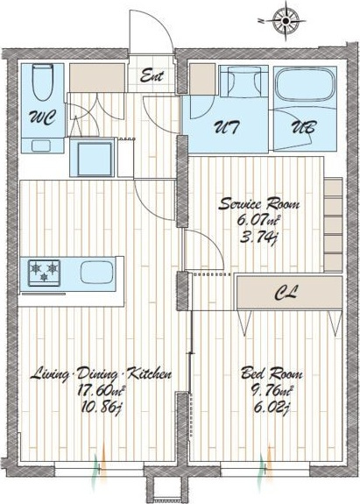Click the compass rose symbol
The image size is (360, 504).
tap(286, 21)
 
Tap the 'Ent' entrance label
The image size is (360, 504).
tap(152, 76)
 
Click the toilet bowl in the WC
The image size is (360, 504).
tap(43, 82)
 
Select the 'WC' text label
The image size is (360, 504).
tap(43, 117)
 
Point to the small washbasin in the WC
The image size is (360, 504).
tap(41, 146)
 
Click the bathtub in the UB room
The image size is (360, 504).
tap(305, 84)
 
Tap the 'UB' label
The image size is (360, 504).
tap(303, 127)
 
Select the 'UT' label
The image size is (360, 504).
tap(227, 127)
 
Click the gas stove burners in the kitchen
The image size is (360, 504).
tap(45, 273)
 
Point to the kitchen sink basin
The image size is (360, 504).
tap(96, 272)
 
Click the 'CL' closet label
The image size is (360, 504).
tap(286, 293)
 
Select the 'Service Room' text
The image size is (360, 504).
tap(259, 204)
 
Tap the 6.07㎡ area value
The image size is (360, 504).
tap(258, 221)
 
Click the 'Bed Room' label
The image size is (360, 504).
tap(272, 373)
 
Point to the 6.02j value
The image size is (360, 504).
tap(272, 408)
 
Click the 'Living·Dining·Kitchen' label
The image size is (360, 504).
tap(101, 374)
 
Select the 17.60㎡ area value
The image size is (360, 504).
tap(101, 391)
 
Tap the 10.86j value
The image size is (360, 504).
tap(101, 408)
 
